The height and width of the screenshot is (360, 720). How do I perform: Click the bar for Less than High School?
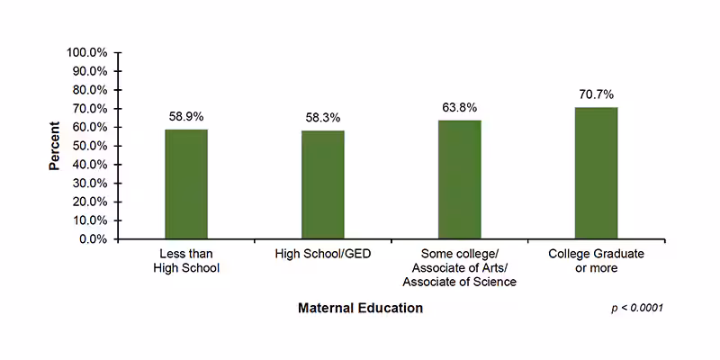(x=186, y=184)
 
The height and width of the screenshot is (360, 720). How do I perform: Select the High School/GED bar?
(x=323, y=185)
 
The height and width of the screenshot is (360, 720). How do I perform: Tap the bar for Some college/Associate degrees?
(x=460, y=180)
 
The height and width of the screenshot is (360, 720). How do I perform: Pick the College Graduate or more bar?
(x=596, y=174)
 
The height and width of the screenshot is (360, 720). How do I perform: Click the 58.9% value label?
(x=186, y=117)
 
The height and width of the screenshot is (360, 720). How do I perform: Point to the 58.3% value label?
(x=323, y=118)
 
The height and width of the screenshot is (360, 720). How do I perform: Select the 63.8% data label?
(x=460, y=108)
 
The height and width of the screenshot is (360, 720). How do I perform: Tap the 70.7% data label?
(x=596, y=94)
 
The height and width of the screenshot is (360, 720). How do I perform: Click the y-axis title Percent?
(x=55, y=146)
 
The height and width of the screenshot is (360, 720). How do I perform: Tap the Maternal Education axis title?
(x=360, y=308)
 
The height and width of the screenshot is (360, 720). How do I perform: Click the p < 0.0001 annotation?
(x=636, y=309)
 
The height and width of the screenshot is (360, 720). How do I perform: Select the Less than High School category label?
(x=186, y=261)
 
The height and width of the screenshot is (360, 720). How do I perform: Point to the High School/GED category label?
(x=323, y=255)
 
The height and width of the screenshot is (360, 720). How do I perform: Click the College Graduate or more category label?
(x=596, y=261)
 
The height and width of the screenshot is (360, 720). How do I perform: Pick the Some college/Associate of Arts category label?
(x=460, y=268)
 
